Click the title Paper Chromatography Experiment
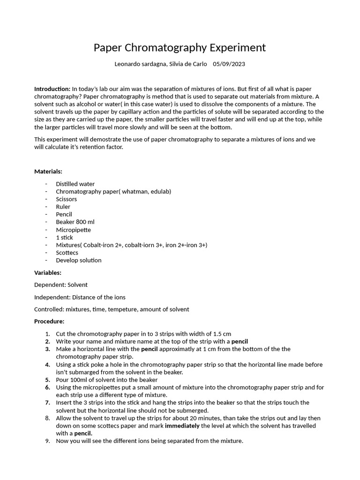coord(180,47)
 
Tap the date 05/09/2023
coord(229,64)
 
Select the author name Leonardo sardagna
coord(139,64)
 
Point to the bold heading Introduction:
coord(52,89)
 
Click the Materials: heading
coord(48,172)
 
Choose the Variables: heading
coord(48,272)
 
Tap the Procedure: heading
coord(49,322)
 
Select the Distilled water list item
coord(75,184)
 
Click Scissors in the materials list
coord(67,199)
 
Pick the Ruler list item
coord(63,207)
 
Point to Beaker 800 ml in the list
coord(75,222)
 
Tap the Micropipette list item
coord(73,230)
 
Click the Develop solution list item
coord(78,260)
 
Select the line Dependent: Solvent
coord(61,285)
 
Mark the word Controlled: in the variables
coord(49,309)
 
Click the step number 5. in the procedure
coord(48,380)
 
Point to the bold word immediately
coord(182,426)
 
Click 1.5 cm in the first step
coord(221,334)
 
